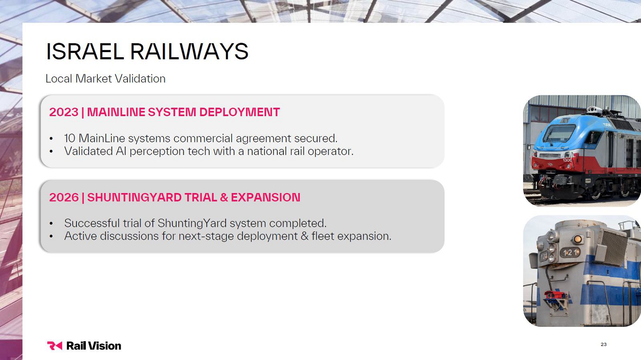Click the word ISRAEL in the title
point(85,52)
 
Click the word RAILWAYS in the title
point(189,52)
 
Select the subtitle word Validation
point(140,79)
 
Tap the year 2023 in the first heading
point(64,112)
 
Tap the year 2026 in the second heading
point(64,197)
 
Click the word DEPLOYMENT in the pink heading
point(239,112)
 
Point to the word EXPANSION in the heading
point(265,197)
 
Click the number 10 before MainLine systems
point(70,138)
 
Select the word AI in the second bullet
point(121,151)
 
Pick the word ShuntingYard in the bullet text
point(192,223)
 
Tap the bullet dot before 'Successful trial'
point(51,224)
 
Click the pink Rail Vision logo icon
point(54,346)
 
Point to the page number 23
point(603,344)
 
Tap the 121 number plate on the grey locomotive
point(570,252)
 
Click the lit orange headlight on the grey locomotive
point(577,239)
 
